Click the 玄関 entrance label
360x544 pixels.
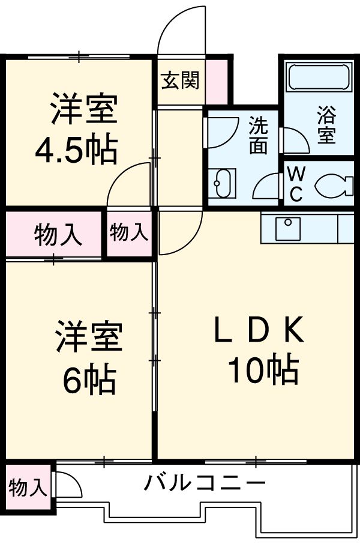tap(180, 80)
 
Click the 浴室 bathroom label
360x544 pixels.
tap(325, 125)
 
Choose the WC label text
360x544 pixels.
tap(295, 184)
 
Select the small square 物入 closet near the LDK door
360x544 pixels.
tap(128, 232)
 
